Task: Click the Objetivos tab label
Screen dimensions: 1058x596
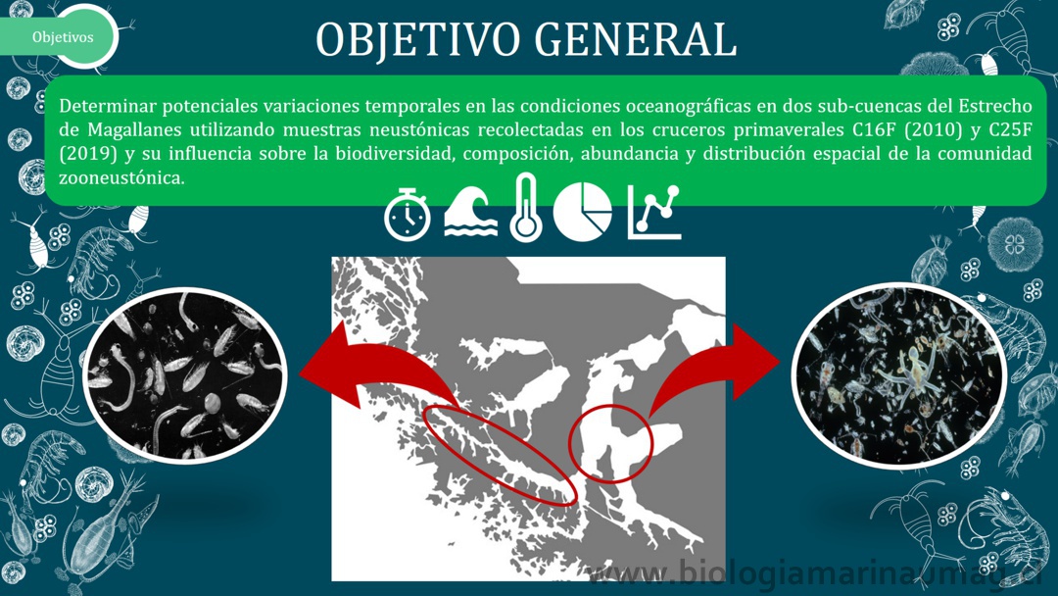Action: tap(63, 37)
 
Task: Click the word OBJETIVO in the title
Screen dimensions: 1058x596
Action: tap(417, 40)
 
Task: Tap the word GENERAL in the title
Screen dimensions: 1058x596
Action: tap(636, 40)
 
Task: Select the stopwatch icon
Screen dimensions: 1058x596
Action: tap(407, 214)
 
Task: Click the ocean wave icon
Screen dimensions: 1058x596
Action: tap(470, 211)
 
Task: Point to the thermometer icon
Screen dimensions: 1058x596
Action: tap(526, 207)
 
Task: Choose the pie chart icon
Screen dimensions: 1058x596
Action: tap(582, 212)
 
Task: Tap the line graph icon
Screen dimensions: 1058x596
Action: tap(653, 212)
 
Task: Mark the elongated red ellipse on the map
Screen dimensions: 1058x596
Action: tap(500, 455)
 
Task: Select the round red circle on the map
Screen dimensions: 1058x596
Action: tap(610, 443)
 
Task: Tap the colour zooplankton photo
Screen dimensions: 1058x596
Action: tap(899, 375)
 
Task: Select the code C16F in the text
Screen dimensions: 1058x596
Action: tap(875, 129)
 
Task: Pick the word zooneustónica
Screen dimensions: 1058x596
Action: tap(121, 178)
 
